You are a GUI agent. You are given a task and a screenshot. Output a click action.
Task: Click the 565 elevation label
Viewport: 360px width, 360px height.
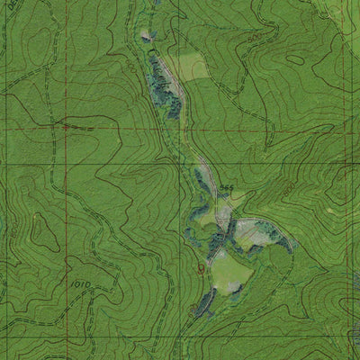(x=226, y=188)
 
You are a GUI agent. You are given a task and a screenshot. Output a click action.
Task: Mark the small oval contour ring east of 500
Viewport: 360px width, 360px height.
(x=295, y=59)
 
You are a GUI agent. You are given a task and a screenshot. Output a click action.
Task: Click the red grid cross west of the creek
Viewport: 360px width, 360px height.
(x=66, y=127)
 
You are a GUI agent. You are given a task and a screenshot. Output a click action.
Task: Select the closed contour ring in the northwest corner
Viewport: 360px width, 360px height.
(x=40, y=40)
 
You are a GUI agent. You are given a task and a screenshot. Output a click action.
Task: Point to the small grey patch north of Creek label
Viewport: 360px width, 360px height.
(x=147, y=36)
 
